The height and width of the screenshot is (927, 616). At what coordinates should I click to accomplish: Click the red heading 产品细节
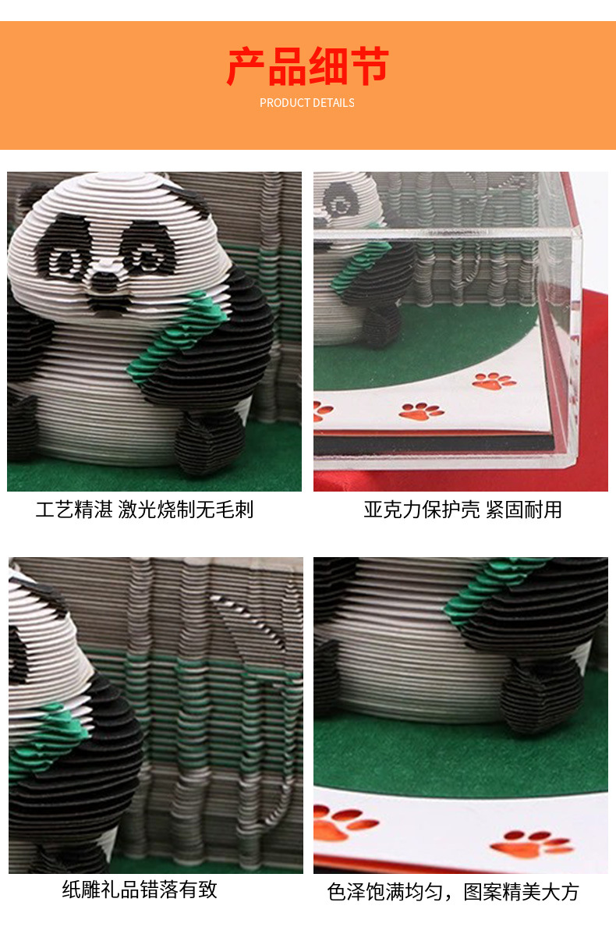pyautogui.click(x=307, y=66)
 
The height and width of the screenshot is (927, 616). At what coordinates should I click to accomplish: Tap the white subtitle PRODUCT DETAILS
pyautogui.click(x=307, y=103)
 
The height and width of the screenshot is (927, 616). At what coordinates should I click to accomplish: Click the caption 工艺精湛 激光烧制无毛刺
pyautogui.click(x=145, y=510)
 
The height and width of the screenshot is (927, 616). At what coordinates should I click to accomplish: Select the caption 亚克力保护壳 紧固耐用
pyautogui.click(x=462, y=510)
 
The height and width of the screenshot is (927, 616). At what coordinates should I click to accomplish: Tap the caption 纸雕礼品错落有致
pyautogui.click(x=140, y=889)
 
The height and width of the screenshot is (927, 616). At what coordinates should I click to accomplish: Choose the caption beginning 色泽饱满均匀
pyautogui.click(x=453, y=892)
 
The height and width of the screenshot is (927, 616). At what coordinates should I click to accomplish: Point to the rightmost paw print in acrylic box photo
pyautogui.click(x=494, y=381)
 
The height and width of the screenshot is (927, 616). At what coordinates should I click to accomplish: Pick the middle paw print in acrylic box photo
pyautogui.click(x=420, y=410)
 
